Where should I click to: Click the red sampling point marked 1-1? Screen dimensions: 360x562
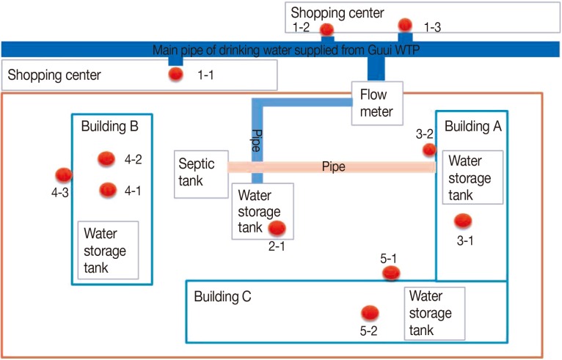(x=175, y=74)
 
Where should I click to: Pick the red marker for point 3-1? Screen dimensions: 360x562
(x=461, y=220)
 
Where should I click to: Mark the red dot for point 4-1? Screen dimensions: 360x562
(x=109, y=190)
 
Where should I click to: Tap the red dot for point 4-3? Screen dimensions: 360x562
(x=64, y=175)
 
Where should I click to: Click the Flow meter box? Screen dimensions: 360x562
(x=376, y=103)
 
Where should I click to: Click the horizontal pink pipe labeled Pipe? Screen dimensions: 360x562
(x=333, y=167)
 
